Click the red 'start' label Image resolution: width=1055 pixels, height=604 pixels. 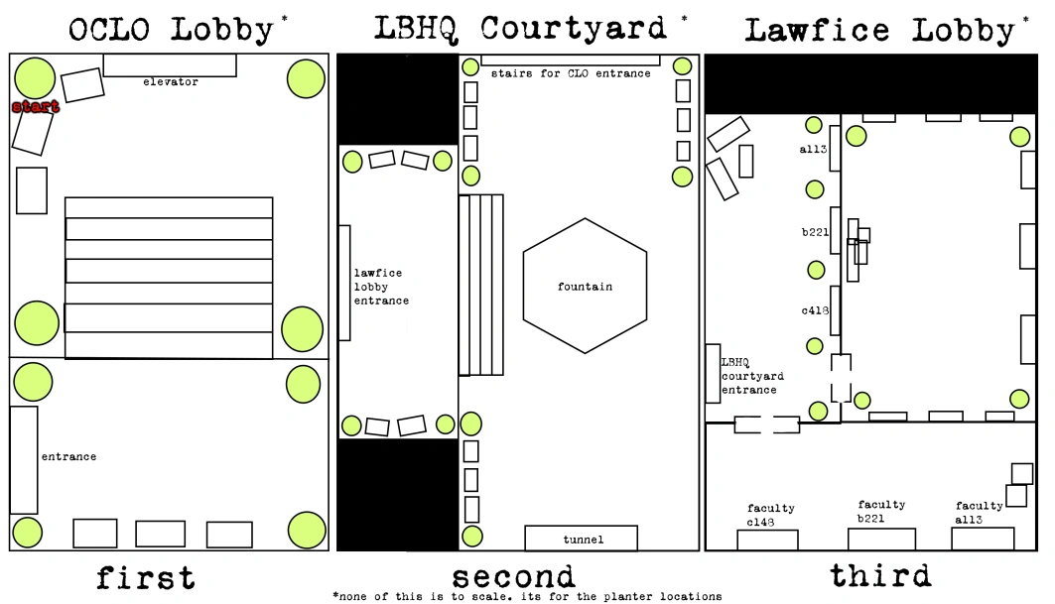36,106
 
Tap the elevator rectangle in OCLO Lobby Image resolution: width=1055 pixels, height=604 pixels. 170,65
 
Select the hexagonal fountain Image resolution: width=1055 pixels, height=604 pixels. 585,286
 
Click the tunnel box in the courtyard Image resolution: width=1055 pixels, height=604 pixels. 581,538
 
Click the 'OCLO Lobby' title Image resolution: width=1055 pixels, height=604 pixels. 171,29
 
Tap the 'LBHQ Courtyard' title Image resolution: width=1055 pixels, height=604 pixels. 520,28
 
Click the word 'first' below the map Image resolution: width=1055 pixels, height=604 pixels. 145,577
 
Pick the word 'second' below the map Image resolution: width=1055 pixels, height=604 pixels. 513,577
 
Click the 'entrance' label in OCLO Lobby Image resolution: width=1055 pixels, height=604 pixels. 68,457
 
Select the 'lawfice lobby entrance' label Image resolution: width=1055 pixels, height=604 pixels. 381,287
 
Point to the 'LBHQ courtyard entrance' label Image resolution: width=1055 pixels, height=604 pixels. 751,376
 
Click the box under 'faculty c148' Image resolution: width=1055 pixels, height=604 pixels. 767,541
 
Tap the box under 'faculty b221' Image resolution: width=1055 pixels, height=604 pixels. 881,540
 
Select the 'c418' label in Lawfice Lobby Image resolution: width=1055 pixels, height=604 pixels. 814,310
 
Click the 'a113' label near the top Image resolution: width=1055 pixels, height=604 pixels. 813,150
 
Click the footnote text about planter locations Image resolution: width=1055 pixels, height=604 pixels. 527,596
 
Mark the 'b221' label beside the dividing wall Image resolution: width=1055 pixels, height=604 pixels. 815,232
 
